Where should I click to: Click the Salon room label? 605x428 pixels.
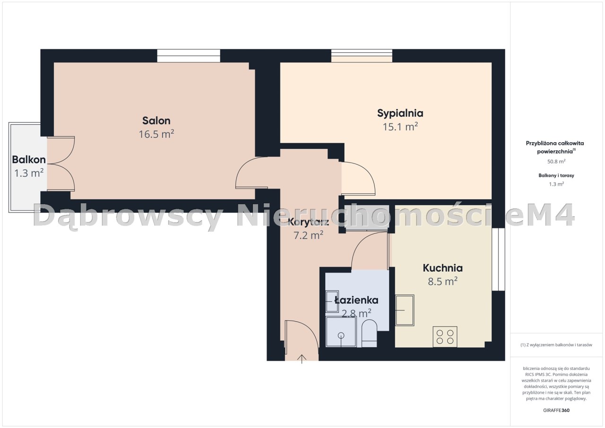156,120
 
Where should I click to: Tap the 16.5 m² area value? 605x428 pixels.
156,134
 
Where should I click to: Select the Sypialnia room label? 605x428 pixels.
400,113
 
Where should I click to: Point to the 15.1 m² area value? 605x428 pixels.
400,127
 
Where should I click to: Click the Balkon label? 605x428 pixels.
29,160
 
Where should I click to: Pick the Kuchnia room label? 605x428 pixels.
442,268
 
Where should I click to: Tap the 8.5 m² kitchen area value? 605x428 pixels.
442,282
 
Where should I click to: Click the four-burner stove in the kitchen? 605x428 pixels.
445,337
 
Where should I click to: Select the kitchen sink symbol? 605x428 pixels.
405,310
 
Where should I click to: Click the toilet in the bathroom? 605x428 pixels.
369,333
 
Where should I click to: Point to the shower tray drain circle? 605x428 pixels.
341,335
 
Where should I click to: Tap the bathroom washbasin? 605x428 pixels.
332,301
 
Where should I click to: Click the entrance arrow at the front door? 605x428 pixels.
302,359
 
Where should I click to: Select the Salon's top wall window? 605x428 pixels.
189,56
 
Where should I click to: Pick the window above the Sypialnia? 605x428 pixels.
362,56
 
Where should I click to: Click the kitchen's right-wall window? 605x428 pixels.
498,259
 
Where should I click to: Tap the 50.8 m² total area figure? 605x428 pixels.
556,162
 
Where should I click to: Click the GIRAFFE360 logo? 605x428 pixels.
556,411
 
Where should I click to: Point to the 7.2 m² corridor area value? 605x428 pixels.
308,235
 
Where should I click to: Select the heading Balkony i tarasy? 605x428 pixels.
556,175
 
